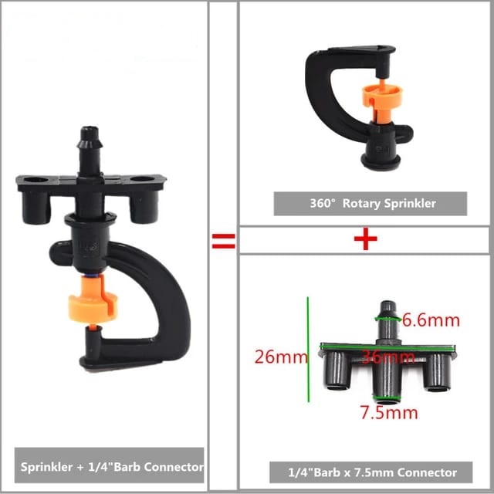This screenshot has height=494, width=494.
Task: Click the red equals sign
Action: click(x=223, y=241)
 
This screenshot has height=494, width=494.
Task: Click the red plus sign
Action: click(x=365, y=239)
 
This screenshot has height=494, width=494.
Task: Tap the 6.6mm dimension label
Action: click(x=431, y=320)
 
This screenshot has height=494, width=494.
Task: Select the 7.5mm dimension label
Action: click(x=389, y=412)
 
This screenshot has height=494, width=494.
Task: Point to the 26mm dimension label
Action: click(x=280, y=357)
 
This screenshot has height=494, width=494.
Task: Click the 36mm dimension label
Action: click(x=387, y=357)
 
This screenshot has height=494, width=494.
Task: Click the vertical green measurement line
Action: click(x=308, y=350)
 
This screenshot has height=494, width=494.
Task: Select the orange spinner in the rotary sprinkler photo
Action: click(x=381, y=101)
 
